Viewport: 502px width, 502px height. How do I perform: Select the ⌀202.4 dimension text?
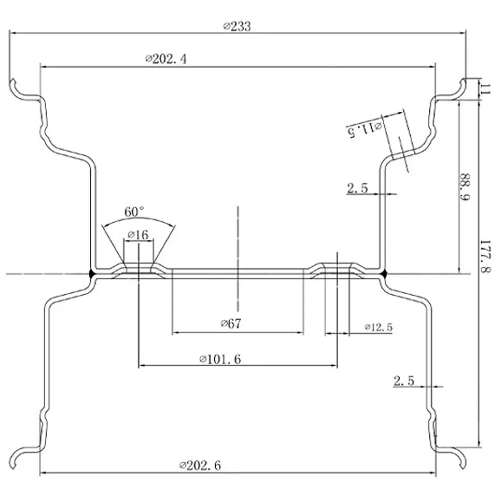click(166, 59)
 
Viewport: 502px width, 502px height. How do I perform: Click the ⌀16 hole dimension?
click(138, 235)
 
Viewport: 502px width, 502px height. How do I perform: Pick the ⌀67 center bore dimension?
click(231, 324)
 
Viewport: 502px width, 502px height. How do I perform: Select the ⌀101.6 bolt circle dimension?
click(220, 359)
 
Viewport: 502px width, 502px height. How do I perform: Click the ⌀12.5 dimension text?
click(378, 327)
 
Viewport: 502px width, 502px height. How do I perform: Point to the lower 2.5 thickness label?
click(403, 381)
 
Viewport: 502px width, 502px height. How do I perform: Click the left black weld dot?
click(92, 274)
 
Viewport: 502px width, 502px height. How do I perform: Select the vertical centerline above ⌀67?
click(238, 235)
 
